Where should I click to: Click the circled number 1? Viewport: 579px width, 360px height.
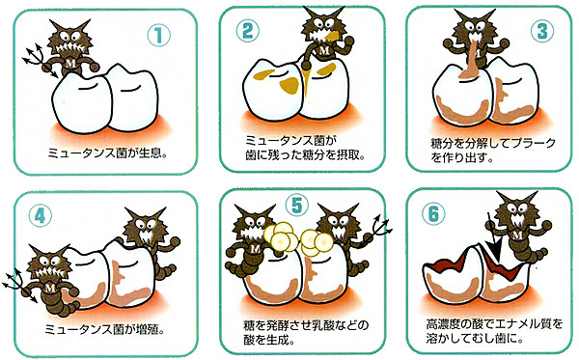[x=159, y=35]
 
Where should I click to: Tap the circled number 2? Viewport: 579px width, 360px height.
[x=248, y=31]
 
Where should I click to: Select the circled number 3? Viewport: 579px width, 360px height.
[x=542, y=31]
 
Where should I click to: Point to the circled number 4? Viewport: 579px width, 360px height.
[x=40, y=215]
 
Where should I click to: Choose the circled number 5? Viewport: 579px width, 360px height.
[x=297, y=206]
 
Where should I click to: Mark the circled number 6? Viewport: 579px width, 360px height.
[x=433, y=214]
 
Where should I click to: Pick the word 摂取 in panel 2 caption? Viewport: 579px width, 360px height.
[x=348, y=155]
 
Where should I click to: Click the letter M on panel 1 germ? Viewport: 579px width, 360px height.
[x=70, y=63]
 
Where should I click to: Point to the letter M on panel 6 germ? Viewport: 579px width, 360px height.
[x=517, y=235]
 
